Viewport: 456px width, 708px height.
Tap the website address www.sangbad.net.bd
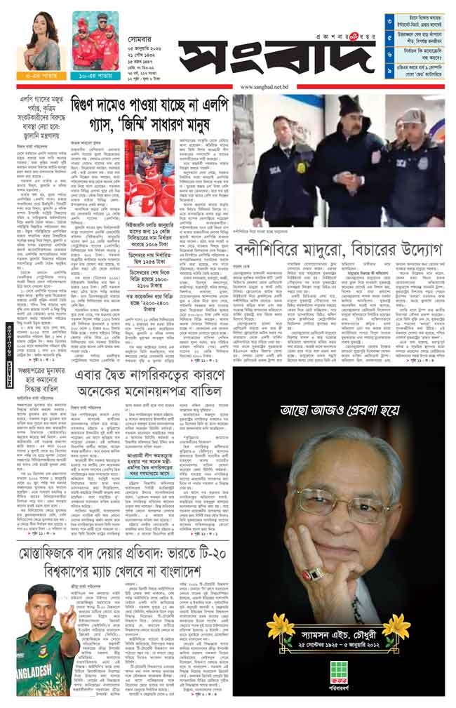[264, 87]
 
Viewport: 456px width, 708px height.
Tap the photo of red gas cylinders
[145, 168]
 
